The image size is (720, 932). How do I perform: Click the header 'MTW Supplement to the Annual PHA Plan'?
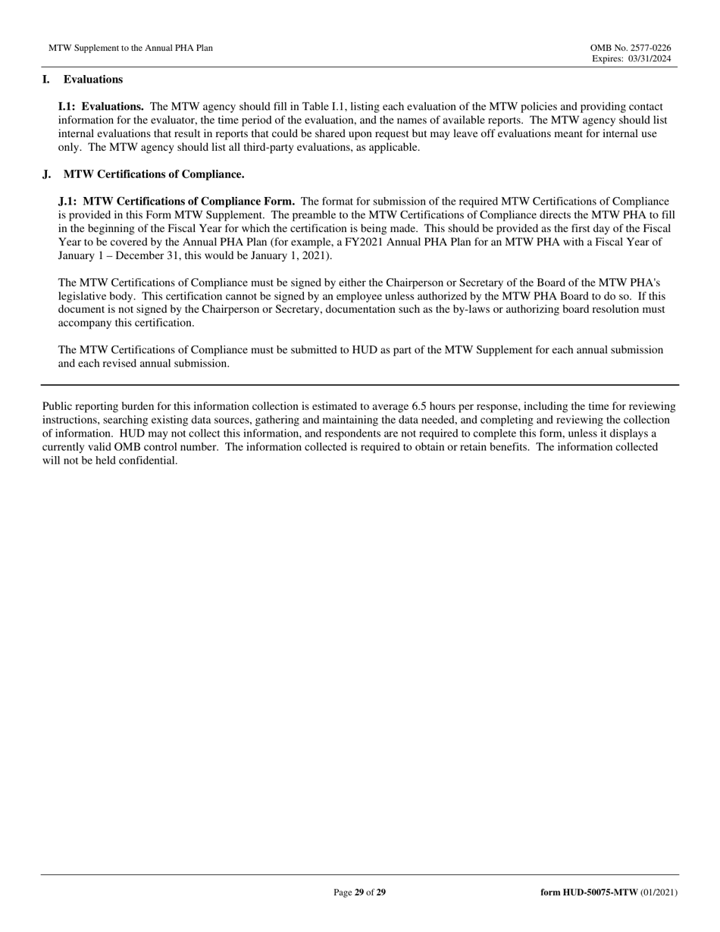click(x=130, y=48)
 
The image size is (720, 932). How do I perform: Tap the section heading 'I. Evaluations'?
click(x=83, y=80)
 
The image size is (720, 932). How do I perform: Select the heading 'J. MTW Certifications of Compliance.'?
click(x=143, y=174)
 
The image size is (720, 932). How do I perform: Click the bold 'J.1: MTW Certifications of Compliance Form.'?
click(x=177, y=202)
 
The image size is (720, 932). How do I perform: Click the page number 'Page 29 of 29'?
click(x=359, y=893)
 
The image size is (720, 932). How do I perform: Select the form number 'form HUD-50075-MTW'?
click(x=589, y=893)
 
